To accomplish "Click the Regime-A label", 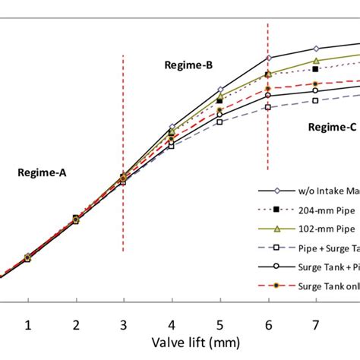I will point(41,173).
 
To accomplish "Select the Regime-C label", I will point(332,128).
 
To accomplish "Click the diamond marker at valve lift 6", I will point(267,58).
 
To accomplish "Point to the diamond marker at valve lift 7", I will point(315,49).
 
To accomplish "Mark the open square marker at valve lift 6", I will point(267,107).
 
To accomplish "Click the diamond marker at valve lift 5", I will point(219,90).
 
